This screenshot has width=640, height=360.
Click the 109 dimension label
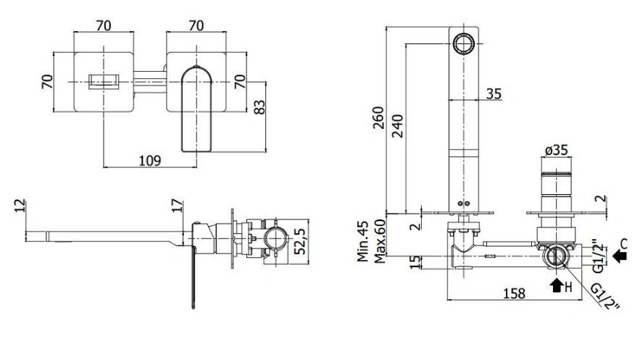pos(150,160)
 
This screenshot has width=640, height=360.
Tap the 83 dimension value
pos(259,106)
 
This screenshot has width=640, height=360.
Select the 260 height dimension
pos(378,117)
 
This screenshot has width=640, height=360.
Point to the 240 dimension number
pos(397,125)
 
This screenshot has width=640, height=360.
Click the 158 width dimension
pos(514,293)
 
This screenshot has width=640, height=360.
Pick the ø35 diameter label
pos(557,150)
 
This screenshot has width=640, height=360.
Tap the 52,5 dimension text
pos(300,241)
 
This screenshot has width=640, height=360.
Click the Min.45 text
pos(363,241)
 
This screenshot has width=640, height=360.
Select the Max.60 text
pos(380,241)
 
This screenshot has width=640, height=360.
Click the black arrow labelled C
pos(620,256)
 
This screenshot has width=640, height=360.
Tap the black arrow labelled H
pos(556,285)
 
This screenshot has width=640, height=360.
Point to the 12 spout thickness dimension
pos(20,206)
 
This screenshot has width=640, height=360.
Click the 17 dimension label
pos(177,206)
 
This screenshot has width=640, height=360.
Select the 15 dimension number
pos(415,262)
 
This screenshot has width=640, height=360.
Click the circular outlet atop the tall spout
pos(464,43)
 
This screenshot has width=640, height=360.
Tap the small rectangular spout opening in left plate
pos(104,82)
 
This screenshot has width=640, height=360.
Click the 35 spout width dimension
pos(494,93)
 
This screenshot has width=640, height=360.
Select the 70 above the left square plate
pos(104,25)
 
